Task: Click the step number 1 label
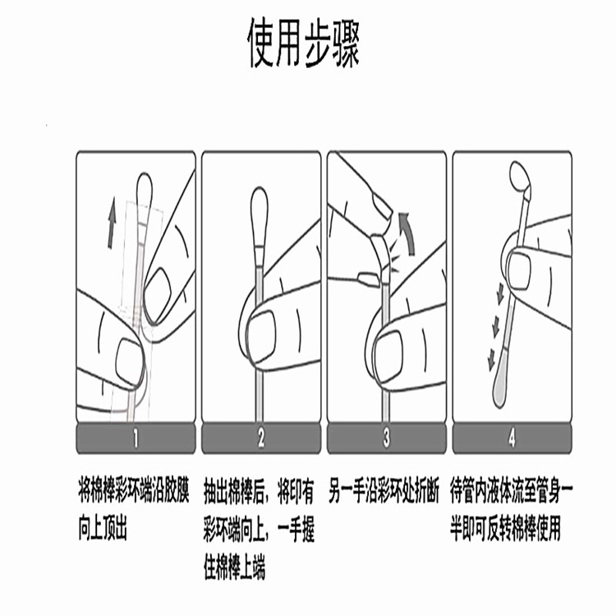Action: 136,439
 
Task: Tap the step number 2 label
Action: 261,439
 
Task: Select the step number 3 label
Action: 386,439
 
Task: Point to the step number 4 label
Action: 511,439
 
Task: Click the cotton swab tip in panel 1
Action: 144,187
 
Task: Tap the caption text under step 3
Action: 386,487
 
